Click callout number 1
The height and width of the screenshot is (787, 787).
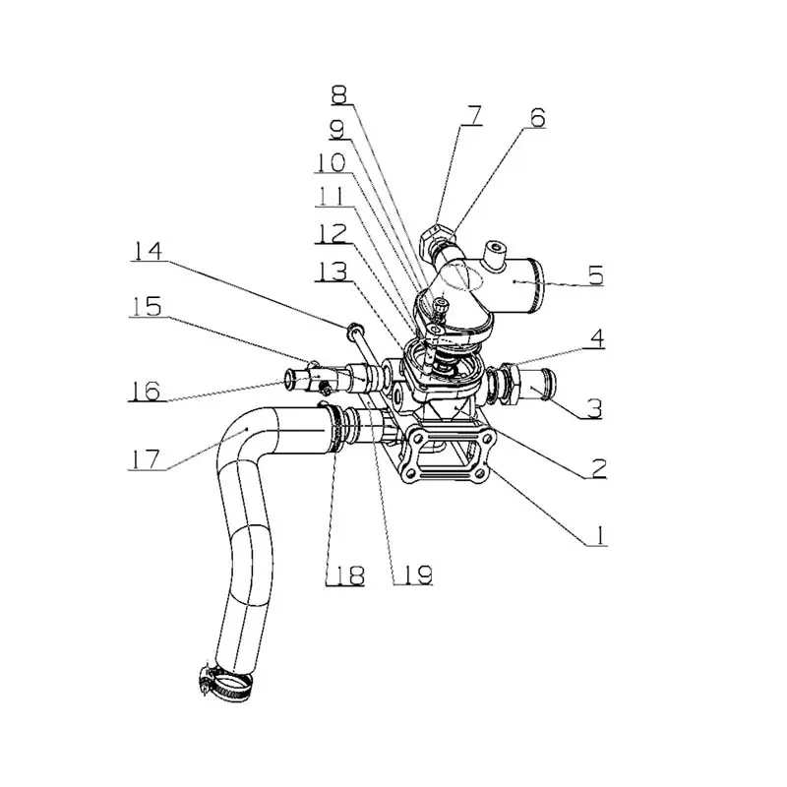tap(598, 535)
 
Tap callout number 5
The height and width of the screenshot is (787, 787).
tap(595, 275)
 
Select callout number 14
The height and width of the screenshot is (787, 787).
tap(147, 252)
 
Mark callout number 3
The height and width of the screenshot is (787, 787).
tap(595, 407)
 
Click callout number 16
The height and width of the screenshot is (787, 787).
tap(145, 390)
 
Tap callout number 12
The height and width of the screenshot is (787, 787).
tap(332, 233)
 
